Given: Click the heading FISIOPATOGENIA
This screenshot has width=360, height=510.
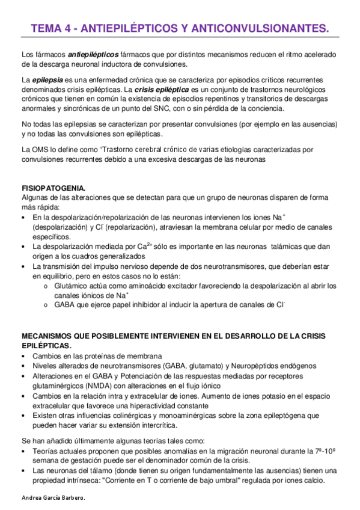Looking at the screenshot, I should click(x=53, y=188).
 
